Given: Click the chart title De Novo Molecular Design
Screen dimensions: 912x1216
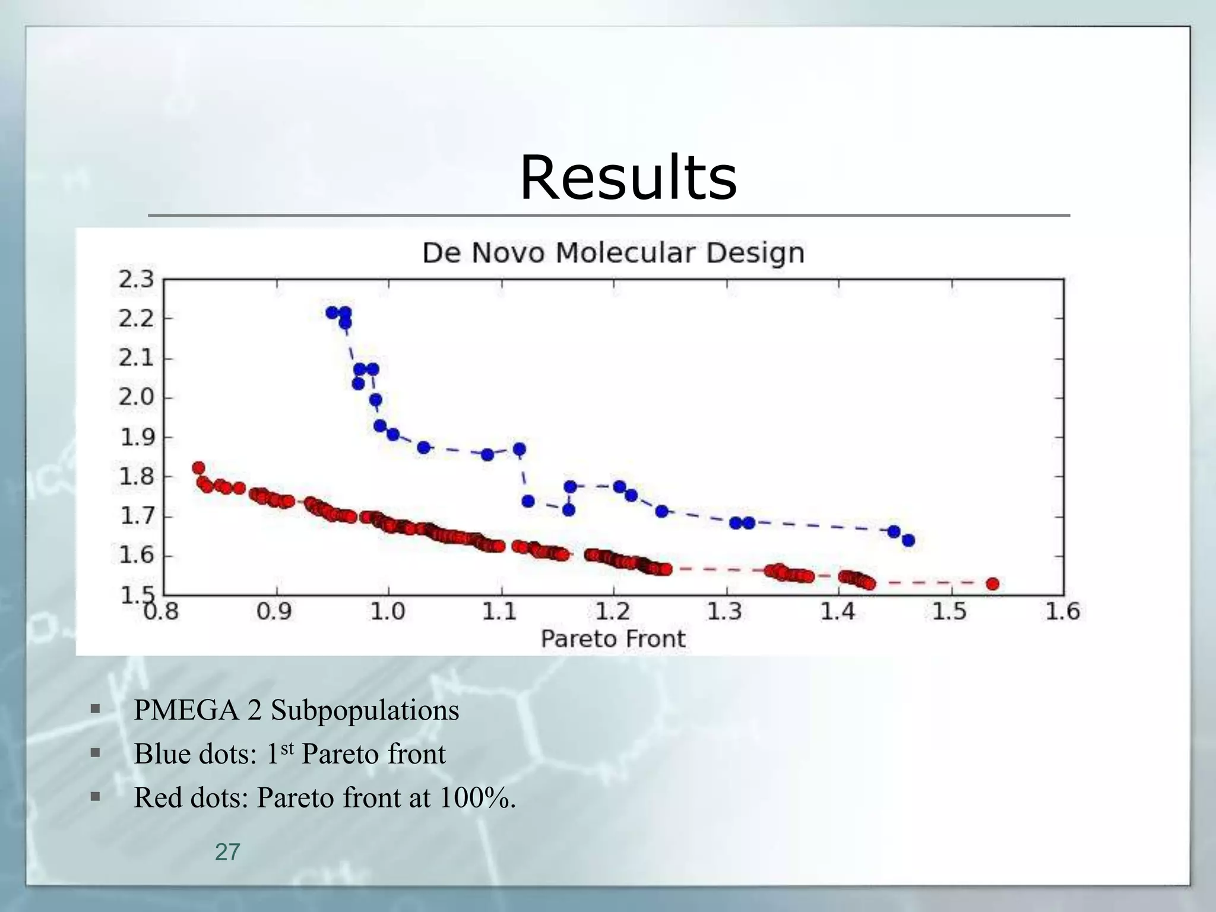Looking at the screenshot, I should [613, 253].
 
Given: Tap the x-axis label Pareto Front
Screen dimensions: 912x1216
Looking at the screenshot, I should [613, 639].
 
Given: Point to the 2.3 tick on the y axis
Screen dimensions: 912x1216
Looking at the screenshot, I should [136, 279].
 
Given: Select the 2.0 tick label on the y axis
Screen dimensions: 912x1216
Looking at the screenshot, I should [136, 397].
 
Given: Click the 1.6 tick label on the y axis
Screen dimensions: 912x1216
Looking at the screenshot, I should [136, 556].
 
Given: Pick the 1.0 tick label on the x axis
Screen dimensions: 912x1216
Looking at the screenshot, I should [387, 611].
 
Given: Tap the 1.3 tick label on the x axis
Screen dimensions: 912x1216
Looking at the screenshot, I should [725, 611].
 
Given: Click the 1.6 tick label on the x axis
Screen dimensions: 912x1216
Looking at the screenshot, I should [1062, 611].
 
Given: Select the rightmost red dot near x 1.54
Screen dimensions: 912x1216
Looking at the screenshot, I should [992, 584].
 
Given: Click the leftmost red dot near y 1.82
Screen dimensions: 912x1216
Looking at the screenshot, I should [199, 468].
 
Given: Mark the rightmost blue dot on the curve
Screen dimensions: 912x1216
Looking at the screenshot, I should [908, 540].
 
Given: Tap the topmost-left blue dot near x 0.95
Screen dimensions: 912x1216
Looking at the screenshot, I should [332, 312].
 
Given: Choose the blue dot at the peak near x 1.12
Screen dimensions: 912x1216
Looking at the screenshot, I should [519, 449].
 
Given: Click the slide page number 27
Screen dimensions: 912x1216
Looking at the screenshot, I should [227, 852].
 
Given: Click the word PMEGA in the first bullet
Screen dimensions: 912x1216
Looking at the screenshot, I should [185, 710].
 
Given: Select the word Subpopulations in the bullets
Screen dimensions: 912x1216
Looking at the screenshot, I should [365, 710].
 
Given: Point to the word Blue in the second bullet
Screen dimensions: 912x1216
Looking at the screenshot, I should [161, 754].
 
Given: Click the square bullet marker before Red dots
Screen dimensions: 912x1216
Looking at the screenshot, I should [95, 796].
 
